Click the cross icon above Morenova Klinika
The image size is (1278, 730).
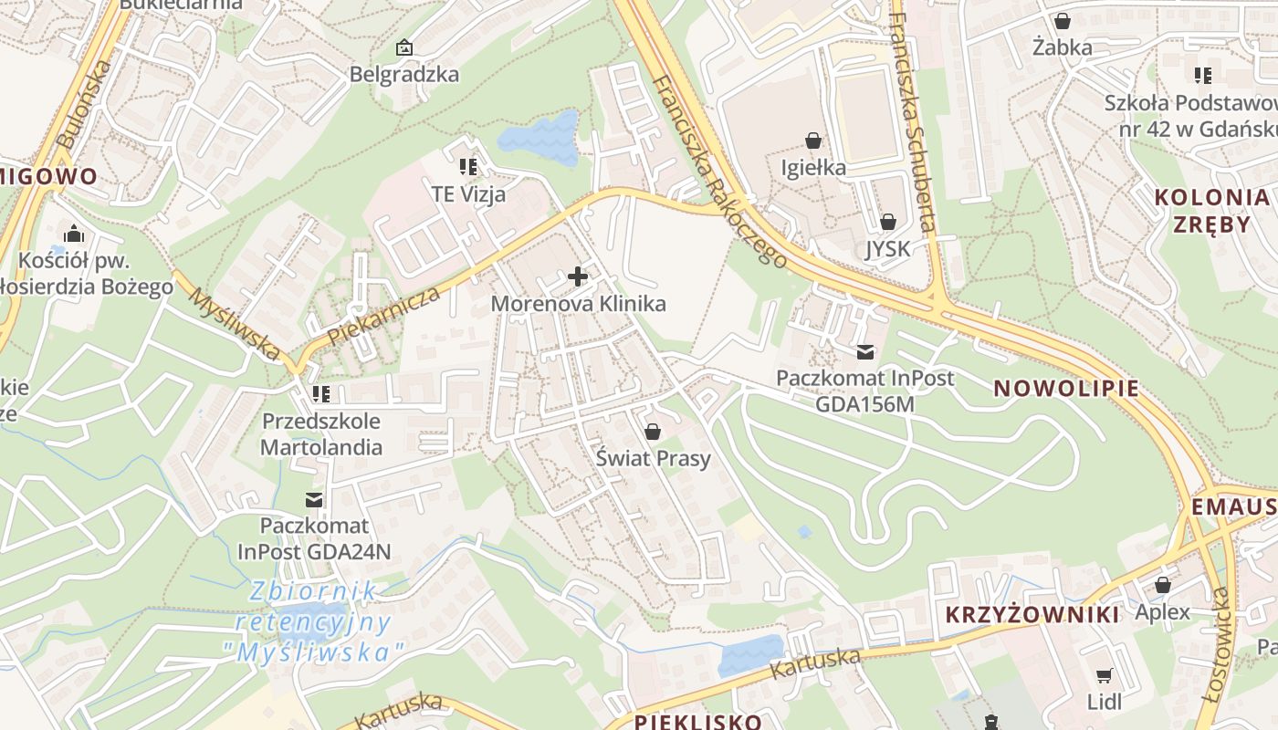(578, 276)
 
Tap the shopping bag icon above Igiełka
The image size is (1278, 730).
(813, 141)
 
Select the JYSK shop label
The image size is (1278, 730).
(887, 248)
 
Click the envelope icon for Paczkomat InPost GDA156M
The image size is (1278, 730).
(864, 351)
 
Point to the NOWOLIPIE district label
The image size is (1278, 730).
(1066, 388)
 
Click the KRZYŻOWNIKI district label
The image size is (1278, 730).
(1032, 614)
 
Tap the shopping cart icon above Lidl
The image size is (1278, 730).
(1104, 675)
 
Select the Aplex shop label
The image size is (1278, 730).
(1162, 611)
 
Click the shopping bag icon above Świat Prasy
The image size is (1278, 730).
(652, 431)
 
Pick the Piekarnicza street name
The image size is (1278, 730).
(383, 315)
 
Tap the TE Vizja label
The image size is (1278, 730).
(468, 193)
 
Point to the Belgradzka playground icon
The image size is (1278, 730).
(403, 47)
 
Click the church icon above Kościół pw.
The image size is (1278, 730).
(73, 233)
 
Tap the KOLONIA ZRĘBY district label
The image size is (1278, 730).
(1210, 210)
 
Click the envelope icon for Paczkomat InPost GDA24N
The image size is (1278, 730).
(314, 499)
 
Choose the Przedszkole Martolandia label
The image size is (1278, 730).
(321, 434)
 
